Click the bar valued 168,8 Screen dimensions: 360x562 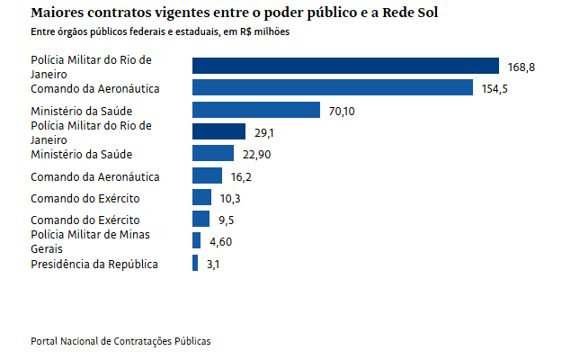[x=345, y=66]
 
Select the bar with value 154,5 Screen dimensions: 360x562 [x=333, y=87]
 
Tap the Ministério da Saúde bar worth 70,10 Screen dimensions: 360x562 [x=256, y=110]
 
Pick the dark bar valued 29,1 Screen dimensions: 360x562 [x=219, y=131]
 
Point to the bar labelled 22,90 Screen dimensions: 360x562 [x=213, y=153]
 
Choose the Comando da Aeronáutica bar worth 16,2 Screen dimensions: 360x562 [x=207, y=175]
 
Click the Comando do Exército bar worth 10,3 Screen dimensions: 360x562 [x=201, y=197]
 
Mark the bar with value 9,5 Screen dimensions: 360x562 [x=201, y=219]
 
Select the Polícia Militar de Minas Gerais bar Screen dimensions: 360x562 [x=196, y=240]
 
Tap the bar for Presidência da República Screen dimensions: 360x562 [x=195, y=263]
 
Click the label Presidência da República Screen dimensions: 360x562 [x=94, y=264]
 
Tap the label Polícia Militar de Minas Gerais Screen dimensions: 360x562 [x=90, y=241]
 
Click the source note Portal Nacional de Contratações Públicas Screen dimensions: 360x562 [x=120, y=342]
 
